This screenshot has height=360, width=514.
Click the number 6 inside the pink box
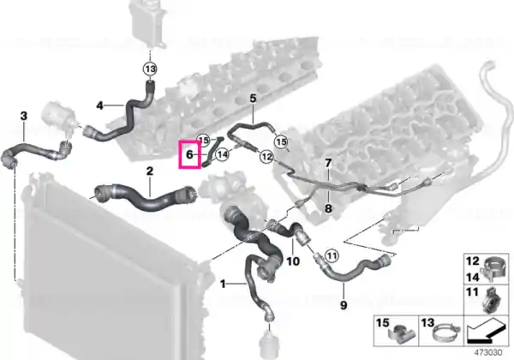(189, 154)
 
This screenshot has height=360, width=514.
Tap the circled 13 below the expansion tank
(150, 69)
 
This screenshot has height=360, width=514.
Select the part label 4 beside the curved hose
(100, 105)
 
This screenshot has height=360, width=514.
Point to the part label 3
(24, 116)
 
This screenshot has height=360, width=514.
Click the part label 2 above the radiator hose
(150, 171)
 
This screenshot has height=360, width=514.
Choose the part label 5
(253, 98)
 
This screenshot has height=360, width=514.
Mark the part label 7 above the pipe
(328, 163)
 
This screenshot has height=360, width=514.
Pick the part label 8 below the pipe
(328, 208)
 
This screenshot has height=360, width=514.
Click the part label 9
(344, 305)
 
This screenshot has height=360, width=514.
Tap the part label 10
(293, 261)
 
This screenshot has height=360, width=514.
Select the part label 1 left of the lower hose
(223, 284)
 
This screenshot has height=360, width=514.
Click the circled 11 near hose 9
(332, 255)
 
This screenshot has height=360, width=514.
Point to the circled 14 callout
(223, 154)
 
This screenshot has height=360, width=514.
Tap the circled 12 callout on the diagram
(266, 157)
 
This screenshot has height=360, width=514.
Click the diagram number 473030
(488, 353)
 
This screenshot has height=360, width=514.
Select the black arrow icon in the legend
(486, 331)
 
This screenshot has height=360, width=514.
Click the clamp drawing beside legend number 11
(493, 300)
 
